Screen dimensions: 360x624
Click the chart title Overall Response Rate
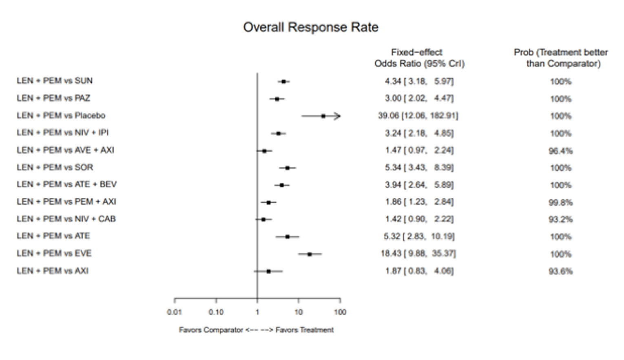pos(311,27)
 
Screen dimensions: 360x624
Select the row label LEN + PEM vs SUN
pos(55,81)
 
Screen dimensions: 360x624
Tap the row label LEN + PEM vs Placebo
pos(61,115)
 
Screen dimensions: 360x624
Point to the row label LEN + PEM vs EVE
pos(54,253)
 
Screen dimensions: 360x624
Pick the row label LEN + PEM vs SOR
pos(55,167)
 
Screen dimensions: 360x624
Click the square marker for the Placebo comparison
pos(323,116)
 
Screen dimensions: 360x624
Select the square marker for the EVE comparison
pos(310,254)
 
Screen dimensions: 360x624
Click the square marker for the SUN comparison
pos(284,82)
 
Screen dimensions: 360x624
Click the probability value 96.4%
pos(561,151)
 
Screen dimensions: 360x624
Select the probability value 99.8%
pos(561,202)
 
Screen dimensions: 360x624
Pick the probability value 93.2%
pos(561,220)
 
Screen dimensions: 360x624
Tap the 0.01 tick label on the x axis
pos(175,312)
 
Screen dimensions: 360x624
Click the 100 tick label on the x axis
pos(340,312)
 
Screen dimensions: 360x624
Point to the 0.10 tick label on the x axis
pos(216,312)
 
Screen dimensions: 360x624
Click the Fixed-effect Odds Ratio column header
pos(419,58)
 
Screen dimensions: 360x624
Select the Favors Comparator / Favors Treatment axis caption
pos(256,330)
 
